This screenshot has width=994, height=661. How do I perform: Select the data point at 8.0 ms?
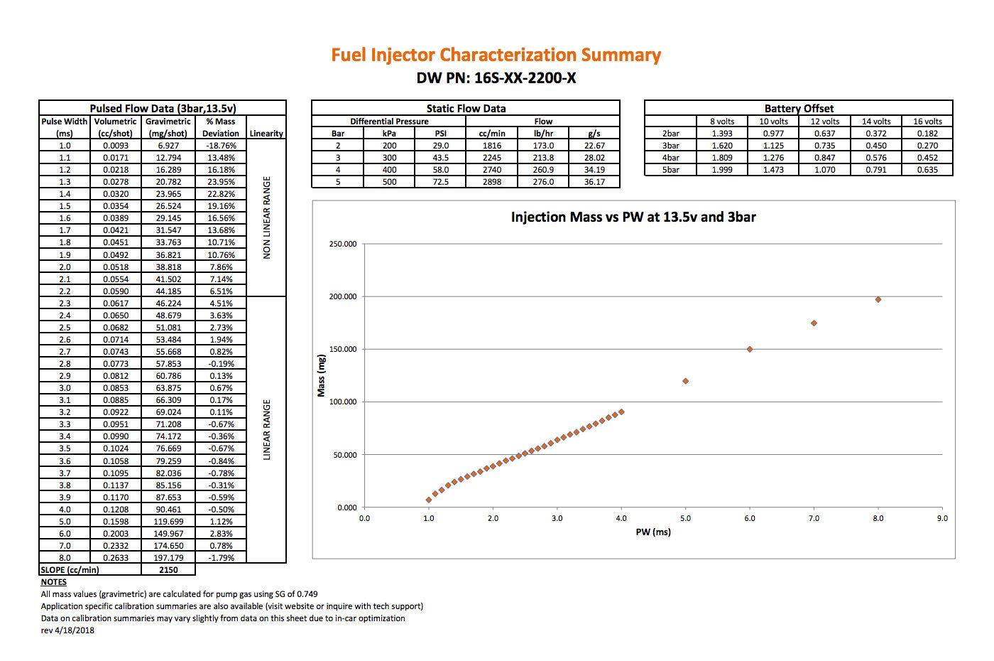click(878, 299)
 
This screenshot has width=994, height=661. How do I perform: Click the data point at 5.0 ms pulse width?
click(685, 381)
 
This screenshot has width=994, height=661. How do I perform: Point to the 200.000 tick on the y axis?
click(342, 296)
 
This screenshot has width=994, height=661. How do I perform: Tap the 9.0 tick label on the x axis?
click(942, 518)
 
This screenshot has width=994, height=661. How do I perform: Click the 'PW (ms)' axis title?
click(652, 532)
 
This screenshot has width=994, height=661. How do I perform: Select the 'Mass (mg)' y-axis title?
click(321, 375)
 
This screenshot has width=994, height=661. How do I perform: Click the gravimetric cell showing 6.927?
click(168, 145)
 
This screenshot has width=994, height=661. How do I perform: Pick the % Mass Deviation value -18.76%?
click(221, 145)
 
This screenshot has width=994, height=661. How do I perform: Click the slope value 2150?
click(168, 569)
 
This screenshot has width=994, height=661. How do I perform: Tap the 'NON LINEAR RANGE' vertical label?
click(266, 217)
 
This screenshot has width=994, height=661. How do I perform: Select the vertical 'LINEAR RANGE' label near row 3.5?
click(266, 429)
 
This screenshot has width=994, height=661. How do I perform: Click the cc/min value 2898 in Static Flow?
click(491, 182)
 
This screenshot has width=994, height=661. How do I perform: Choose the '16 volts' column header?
click(927, 122)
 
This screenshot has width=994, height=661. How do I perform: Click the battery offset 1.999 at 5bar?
click(722, 170)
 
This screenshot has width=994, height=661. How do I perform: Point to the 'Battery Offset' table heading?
click(799, 108)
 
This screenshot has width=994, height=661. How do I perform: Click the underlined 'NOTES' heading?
click(54, 582)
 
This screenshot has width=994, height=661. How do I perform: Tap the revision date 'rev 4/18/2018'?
click(67, 630)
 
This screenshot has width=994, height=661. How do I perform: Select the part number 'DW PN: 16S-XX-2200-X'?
click(496, 78)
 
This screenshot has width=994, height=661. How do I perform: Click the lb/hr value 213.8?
click(543, 158)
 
